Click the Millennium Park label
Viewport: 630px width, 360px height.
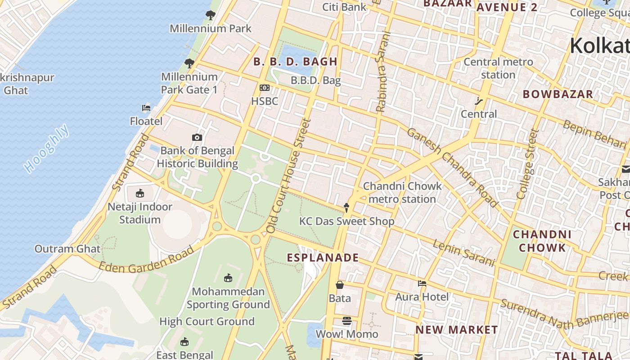[210, 28]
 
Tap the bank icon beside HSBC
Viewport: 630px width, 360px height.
[265, 88]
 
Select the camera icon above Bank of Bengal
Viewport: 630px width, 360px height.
[197, 138]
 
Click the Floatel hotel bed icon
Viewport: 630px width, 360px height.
[146, 108]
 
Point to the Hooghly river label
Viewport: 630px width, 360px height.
[47, 148]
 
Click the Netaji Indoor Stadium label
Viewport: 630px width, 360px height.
[140, 213]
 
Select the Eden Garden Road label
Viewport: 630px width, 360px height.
[146, 261]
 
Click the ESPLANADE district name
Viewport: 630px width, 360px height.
[323, 258]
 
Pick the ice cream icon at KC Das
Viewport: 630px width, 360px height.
[346, 207]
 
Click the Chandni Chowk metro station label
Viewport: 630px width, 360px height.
[402, 193]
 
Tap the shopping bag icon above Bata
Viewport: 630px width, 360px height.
[340, 285]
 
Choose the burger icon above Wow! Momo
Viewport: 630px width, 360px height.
[346, 321]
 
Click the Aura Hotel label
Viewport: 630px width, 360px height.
[422, 297]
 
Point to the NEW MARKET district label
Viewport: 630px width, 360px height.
[456, 330]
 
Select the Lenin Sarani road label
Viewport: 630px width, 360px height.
[463, 253]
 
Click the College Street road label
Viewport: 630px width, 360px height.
[528, 164]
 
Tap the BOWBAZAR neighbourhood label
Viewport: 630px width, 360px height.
[558, 94]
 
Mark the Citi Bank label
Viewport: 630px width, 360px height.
[344, 7]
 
